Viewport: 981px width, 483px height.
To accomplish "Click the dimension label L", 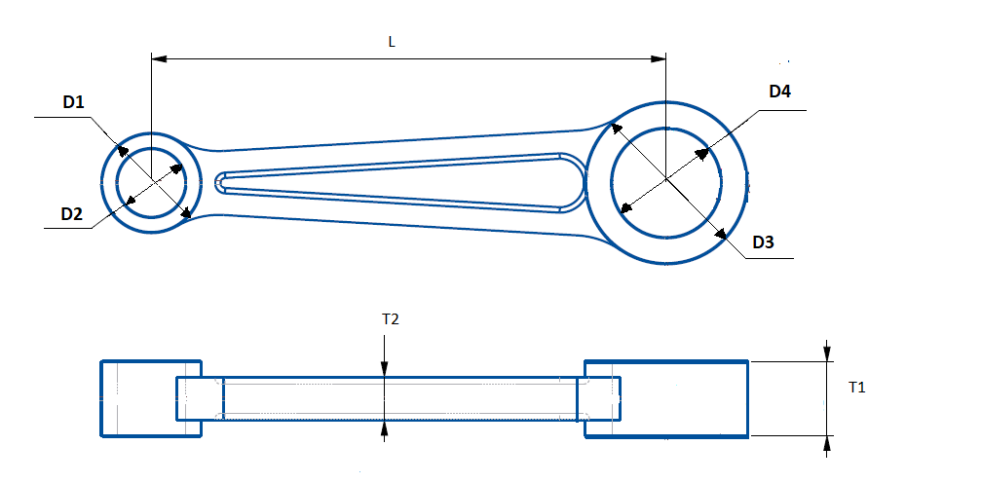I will click(x=392, y=42).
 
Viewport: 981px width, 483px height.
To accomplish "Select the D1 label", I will click(x=74, y=101).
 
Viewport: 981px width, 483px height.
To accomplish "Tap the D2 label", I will click(x=72, y=213).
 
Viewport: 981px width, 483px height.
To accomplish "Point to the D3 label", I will click(x=763, y=242).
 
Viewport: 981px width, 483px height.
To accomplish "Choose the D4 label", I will click(x=779, y=92).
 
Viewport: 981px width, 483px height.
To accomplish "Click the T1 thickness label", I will click(x=856, y=388).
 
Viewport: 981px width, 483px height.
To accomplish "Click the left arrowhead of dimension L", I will click(x=159, y=58).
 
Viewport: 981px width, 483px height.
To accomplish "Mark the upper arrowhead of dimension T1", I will click(x=827, y=353).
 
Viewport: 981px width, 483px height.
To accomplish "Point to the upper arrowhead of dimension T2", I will click(x=385, y=368).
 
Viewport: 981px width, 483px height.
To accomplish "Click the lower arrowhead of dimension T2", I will click(x=385, y=428).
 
